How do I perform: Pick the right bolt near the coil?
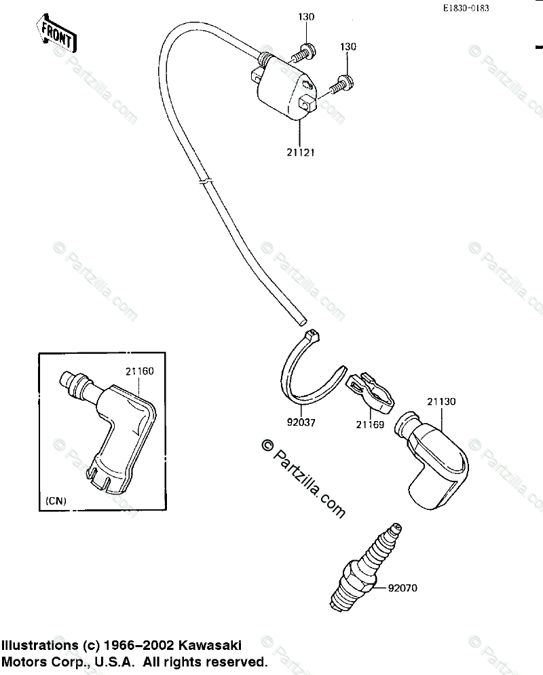pyautogui.click(x=341, y=84)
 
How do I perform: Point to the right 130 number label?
pyautogui.click(x=348, y=46)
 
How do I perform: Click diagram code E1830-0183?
pyautogui.click(x=466, y=8)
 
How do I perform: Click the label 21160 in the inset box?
pyautogui.click(x=139, y=371)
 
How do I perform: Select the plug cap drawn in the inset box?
pyautogui.click(x=117, y=428)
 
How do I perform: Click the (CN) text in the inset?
pyautogui.click(x=55, y=501)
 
